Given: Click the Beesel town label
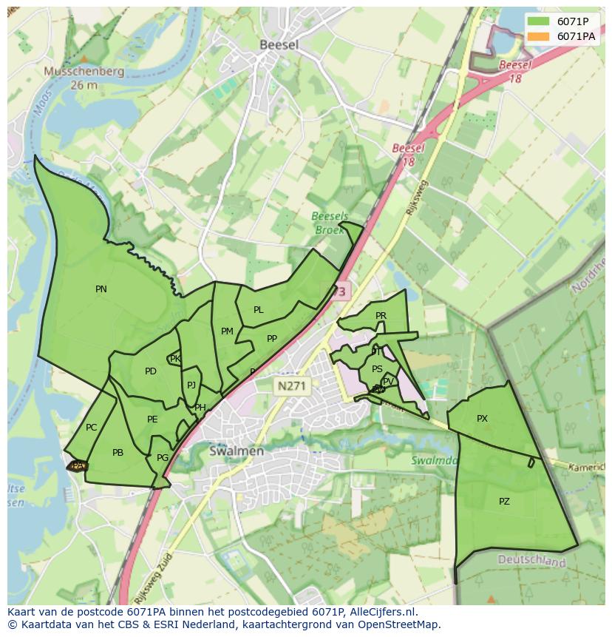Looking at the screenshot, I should tap(279, 45).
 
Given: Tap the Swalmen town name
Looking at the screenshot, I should tap(236, 451).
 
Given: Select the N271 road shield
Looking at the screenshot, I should tap(291, 385).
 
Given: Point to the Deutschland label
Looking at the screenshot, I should tap(531, 562).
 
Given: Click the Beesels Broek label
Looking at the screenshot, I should tap(330, 223).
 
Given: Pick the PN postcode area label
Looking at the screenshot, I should tap(101, 289).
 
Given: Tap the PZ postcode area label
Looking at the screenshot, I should tap(504, 501).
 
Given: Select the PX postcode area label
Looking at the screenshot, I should tap(482, 419).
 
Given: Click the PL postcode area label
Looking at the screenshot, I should tap(258, 310).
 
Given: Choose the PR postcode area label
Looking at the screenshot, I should tap(381, 315).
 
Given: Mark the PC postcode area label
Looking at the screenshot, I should tap(91, 427).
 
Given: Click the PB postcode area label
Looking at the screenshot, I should tap(118, 453).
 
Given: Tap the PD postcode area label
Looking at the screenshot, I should tap(151, 371).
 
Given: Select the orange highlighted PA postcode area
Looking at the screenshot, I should tap(78, 465).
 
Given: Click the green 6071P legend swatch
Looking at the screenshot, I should tap(539, 21).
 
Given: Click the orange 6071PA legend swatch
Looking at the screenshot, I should tap(539, 36).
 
